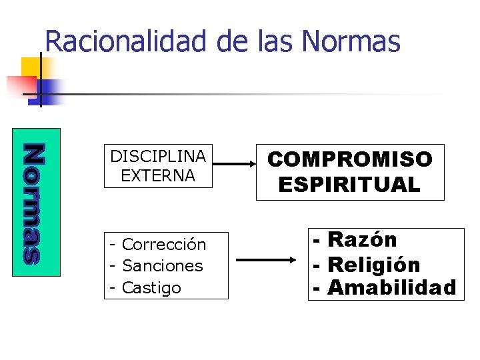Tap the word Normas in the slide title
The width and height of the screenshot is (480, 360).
coord(351,41)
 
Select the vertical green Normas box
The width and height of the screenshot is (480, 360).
coord(37,201)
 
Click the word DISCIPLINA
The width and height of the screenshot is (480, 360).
coord(158,157)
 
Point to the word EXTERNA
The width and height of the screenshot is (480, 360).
coord(158,177)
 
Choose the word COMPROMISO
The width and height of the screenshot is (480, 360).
coord(350,159)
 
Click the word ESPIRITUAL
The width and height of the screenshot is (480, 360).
coord(350,185)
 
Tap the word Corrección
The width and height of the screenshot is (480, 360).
coord(165,245)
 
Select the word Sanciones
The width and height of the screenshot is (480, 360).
coord(163,266)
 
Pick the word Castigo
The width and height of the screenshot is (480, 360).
coord(152,288)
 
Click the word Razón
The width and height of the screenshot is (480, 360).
coord(362,239)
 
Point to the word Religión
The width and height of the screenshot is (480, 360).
coord(373,265)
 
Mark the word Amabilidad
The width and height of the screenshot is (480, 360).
coord(392,288)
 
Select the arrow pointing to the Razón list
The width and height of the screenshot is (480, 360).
coord(267,261)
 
